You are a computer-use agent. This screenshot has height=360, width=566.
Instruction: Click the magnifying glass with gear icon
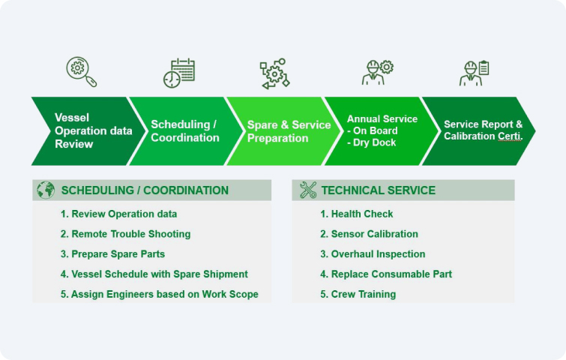pyautogui.click(x=80, y=72)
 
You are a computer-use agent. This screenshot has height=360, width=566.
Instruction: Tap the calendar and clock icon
pyautogui.click(x=179, y=73)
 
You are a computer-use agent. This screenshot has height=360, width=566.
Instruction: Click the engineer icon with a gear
pyautogui.click(x=376, y=73)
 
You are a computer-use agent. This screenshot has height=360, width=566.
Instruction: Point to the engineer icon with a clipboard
pyautogui.click(x=474, y=73)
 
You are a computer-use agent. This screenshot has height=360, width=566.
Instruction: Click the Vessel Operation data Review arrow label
pyautogui.click(x=93, y=130)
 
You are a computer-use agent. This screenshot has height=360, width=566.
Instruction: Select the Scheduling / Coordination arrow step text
pyautogui.click(x=185, y=131)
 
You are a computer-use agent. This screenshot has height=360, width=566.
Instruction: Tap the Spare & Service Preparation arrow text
pyautogui.click(x=289, y=131)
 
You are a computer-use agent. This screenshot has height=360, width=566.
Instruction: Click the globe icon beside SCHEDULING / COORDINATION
pyautogui.click(x=46, y=190)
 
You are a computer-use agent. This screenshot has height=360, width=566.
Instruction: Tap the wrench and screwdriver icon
pyautogui.click(x=308, y=190)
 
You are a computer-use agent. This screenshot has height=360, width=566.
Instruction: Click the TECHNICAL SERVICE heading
pyautogui.click(x=378, y=190)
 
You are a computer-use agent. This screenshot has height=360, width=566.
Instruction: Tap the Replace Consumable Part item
pyautogui.click(x=386, y=274)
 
